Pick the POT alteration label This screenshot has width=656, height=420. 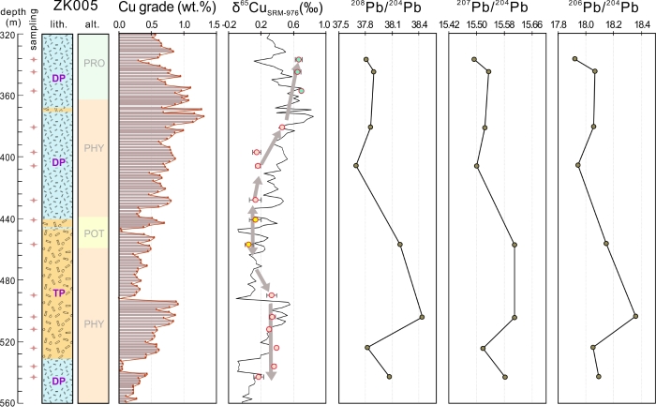click(x=93, y=233)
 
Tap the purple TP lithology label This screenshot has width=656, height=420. click(x=60, y=293)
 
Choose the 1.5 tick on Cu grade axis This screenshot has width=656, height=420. click(x=213, y=24)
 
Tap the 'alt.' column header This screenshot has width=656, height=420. click(x=93, y=24)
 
